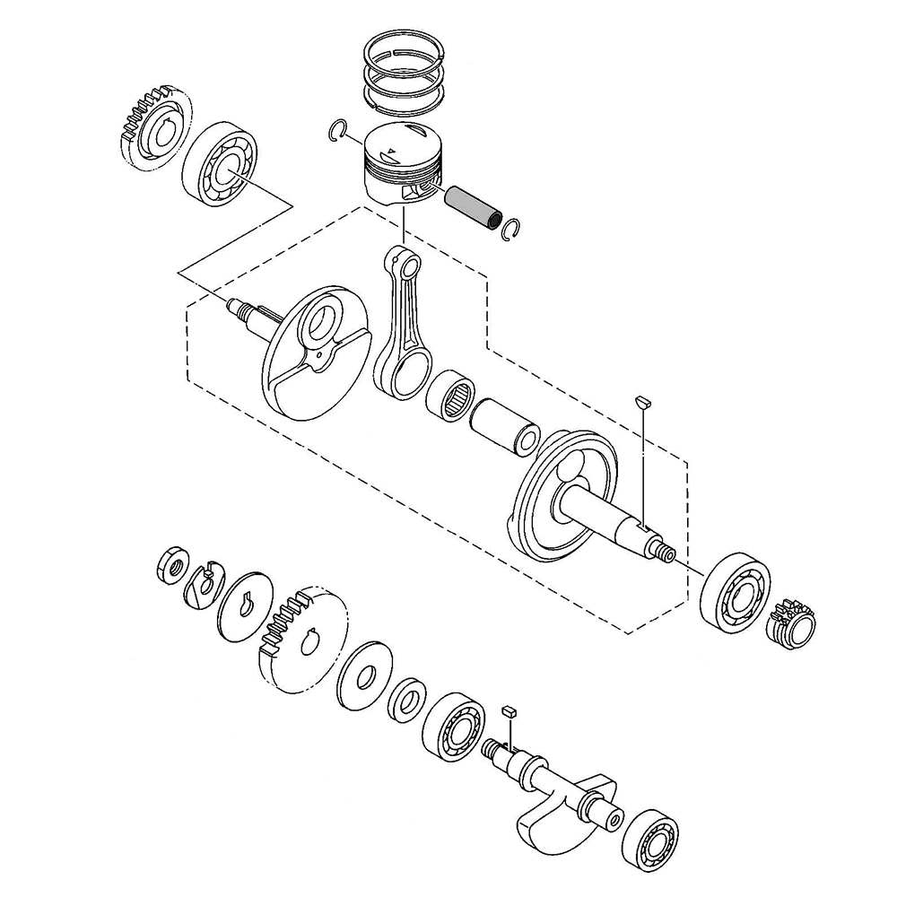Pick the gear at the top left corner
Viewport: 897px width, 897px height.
tap(153, 126)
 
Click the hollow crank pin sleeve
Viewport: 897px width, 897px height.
tap(507, 423)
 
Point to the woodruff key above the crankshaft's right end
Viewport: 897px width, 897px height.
tap(641, 400)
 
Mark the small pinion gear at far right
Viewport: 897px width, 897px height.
tap(791, 622)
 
